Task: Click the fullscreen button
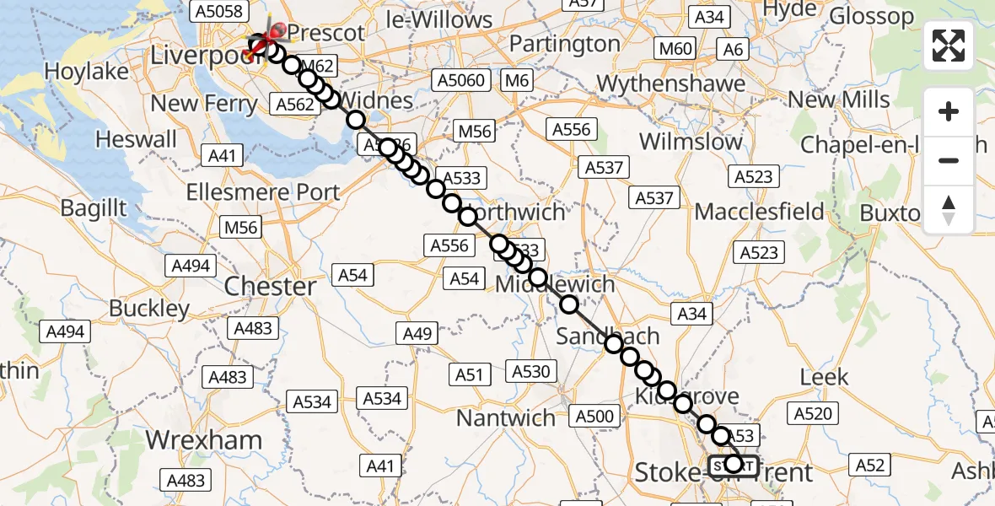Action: click(x=949, y=46)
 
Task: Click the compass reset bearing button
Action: click(x=949, y=210)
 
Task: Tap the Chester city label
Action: click(x=271, y=286)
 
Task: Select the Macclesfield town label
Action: click(x=760, y=211)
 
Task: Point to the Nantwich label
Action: click(x=506, y=417)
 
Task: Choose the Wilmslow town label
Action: click(x=691, y=141)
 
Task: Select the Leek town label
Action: click(x=824, y=377)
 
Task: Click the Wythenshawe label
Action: click(x=671, y=83)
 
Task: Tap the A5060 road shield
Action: click(x=460, y=80)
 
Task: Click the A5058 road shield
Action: click(x=218, y=11)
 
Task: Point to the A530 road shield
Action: click(x=530, y=371)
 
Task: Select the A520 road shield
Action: click(x=813, y=413)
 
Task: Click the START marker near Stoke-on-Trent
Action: click(x=734, y=465)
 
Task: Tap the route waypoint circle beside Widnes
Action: click(x=356, y=120)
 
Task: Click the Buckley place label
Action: click(x=150, y=309)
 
